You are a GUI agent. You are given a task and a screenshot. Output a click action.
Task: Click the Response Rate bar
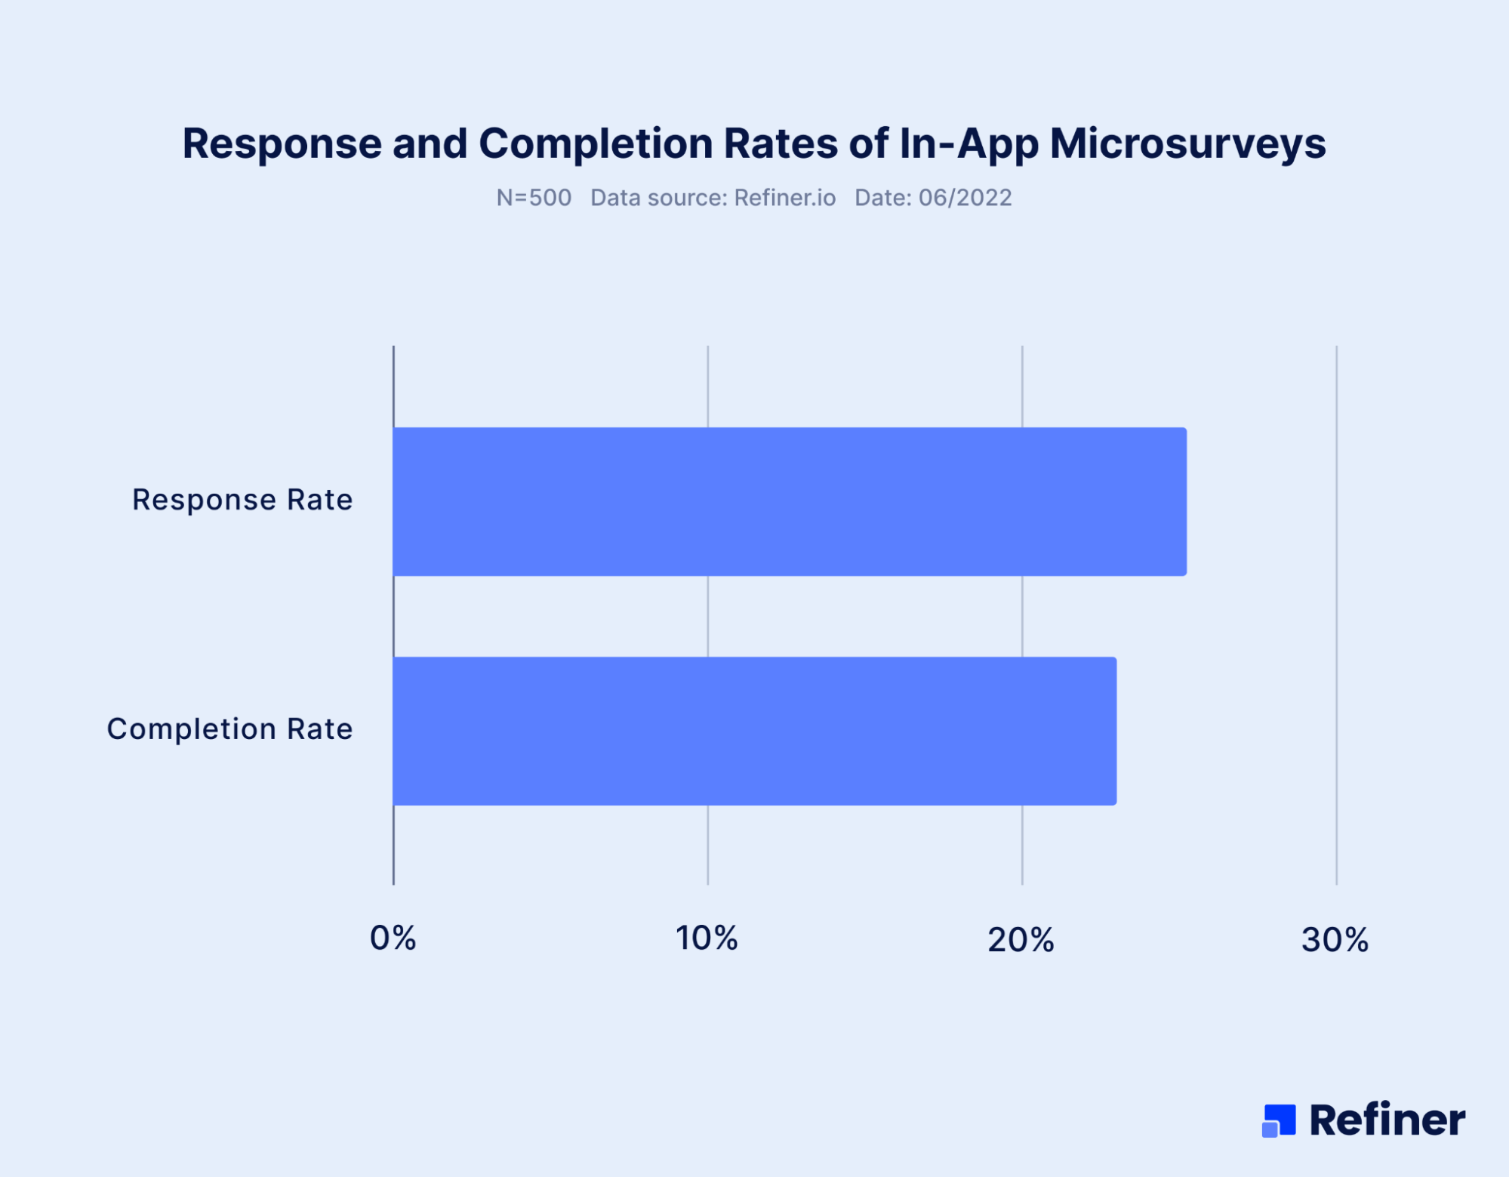coord(789,502)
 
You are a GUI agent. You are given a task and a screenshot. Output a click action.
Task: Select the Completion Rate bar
coord(754,731)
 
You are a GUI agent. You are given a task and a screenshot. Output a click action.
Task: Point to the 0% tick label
coord(393,938)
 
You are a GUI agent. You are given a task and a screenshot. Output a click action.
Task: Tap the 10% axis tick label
coord(707,938)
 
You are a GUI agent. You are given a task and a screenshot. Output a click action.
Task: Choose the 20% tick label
coord(1021,940)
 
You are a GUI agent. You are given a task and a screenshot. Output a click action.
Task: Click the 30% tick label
coord(1335,940)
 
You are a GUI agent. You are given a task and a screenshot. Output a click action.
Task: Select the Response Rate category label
coord(242,500)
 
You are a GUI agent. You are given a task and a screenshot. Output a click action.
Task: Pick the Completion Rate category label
coord(229,729)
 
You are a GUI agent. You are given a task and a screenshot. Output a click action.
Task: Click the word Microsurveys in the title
coord(1187,143)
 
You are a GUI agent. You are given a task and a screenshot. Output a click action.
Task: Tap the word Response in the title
coord(282,143)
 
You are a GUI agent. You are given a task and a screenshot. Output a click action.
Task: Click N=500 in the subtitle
coord(534,198)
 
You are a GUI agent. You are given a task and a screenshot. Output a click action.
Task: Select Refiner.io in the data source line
coord(784,198)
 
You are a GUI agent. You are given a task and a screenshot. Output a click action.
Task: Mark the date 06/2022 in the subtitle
coord(965,198)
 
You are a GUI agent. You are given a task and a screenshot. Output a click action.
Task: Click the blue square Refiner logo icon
coord(1279,1120)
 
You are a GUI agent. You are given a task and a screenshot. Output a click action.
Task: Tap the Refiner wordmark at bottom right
coord(1387,1120)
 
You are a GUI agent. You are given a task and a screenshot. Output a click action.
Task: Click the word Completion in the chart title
coord(596,143)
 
